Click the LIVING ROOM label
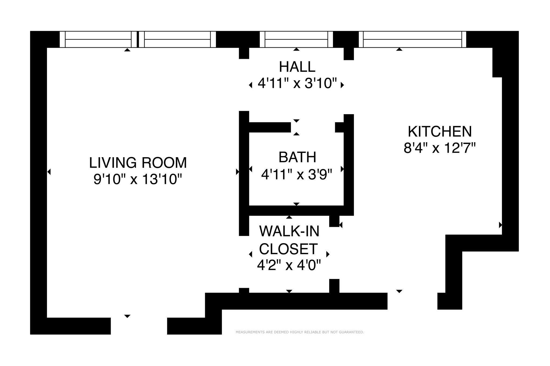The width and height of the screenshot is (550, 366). pos(138,163)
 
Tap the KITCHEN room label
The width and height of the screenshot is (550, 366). pos(440,131)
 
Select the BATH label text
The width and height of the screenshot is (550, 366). pos(297,157)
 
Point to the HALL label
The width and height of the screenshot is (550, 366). pos(297,67)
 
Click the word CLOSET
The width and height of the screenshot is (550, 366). pos(288,249)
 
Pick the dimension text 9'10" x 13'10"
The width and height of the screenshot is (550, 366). pos(138,179)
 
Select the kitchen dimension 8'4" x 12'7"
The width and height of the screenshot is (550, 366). pos(440,148)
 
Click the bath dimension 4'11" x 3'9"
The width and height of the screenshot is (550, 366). pos(297,174)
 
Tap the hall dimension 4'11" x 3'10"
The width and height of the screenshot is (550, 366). pos(297,83)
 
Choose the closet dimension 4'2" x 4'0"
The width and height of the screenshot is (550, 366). pos(289,266)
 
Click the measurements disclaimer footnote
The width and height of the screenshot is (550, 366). pos(300,332)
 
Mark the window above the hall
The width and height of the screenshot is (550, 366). pos(296,39)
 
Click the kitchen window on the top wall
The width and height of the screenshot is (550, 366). pos(412,39)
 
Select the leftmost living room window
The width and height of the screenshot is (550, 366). pos(98,39)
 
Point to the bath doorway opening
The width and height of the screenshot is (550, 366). pos(313,127)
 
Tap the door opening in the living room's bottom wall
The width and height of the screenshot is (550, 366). pos(139,326)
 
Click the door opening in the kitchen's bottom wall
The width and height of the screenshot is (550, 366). pos(412,301)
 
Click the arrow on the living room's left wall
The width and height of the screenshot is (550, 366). pos(49,171)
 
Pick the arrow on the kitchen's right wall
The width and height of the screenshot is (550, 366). pos(500,225)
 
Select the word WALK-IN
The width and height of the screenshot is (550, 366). pos(289,231)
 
